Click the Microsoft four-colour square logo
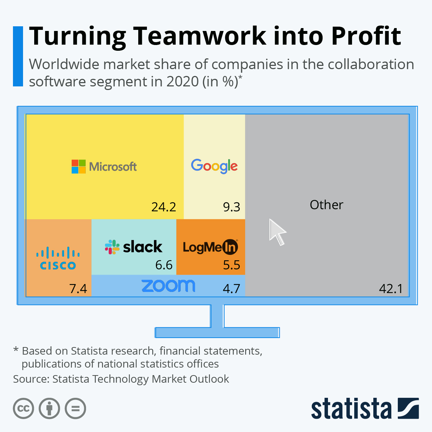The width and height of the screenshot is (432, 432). click(x=78, y=167)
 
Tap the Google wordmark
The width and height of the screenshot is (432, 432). click(x=214, y=166)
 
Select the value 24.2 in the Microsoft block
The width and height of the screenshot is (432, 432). click(x=164, y=207)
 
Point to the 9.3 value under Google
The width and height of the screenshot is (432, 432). click(x=231, y=207)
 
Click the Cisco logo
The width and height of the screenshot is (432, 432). click(x=58, y=259)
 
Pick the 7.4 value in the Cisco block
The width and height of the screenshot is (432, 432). click(x=78, y=288)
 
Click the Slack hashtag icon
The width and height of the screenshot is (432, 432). click(x=112, y=247)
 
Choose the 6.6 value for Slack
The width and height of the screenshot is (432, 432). click(x=164, y=265)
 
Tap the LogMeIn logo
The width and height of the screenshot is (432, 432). click(x=210, y=247)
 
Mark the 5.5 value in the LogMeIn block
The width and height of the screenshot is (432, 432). click(x=231, y=265)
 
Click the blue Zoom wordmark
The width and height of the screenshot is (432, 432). click(x=168, y=286)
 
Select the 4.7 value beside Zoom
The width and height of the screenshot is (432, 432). click(x=231, y=288)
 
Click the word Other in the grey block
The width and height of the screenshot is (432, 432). click(x=327, y=205)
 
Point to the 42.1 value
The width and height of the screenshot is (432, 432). click(x=391, y=288)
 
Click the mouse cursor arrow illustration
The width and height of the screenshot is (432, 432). click(x=277, y=232)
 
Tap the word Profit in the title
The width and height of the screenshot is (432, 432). click(x=366, y=36)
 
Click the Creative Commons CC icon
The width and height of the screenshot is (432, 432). click(x=23, y=409)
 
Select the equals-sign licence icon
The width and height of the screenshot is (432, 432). click(x=75, y=409)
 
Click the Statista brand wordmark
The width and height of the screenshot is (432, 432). click(x=351, y=409)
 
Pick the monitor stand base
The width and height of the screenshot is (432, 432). click(x=217, y=332)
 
